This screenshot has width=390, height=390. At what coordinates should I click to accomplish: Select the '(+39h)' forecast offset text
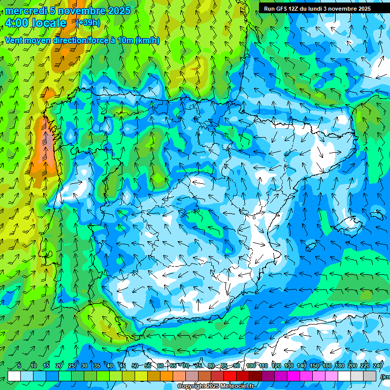tap(88, 23)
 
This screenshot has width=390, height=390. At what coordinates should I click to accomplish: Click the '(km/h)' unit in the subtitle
tap(148, 40)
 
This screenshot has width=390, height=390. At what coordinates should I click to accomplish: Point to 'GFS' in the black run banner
tap(282, 9)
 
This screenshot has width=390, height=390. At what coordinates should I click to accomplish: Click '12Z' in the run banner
tap(296, 9)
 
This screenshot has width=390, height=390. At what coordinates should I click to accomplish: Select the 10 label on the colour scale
tap(33, 366)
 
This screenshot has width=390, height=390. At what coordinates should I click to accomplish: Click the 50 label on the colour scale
tap(135, 366)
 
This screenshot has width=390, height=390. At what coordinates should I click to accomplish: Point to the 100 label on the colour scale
tap(250, 366)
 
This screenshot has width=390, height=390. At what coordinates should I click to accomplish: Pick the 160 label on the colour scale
tap(327, 366)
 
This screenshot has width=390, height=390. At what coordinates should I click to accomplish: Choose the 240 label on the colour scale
tap(377, 366)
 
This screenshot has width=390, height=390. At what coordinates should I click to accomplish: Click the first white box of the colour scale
tap(14, 376)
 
